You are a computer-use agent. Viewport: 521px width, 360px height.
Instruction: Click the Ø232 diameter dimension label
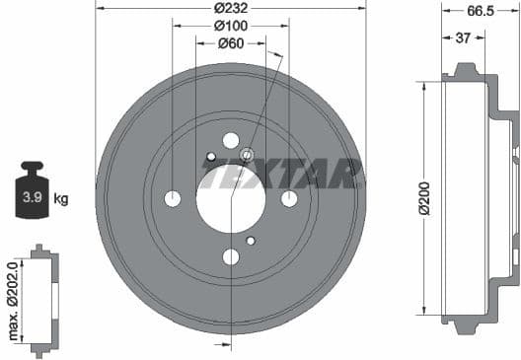(231, 9)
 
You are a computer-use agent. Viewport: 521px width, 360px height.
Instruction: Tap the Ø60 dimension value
(231, 43)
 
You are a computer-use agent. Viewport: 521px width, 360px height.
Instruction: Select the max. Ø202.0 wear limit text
(13, 300)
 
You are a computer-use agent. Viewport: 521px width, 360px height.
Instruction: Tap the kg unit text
(61, 199)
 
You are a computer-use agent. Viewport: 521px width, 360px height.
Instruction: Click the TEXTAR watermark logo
(281, 174)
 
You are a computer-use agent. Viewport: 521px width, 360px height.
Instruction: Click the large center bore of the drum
(231, 198)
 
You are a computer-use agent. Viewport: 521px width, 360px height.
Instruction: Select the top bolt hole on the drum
(231, 140)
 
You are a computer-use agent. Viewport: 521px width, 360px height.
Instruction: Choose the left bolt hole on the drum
(173, 198)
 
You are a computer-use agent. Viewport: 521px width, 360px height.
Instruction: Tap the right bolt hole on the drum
(289, 198)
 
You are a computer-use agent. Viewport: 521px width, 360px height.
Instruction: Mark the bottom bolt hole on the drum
(231, 256)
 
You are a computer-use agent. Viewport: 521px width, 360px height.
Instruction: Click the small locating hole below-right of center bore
(251, 241)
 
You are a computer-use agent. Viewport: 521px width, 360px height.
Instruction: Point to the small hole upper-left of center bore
(211, 156)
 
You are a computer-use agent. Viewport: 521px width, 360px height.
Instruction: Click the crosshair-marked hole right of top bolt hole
(247, 153)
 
